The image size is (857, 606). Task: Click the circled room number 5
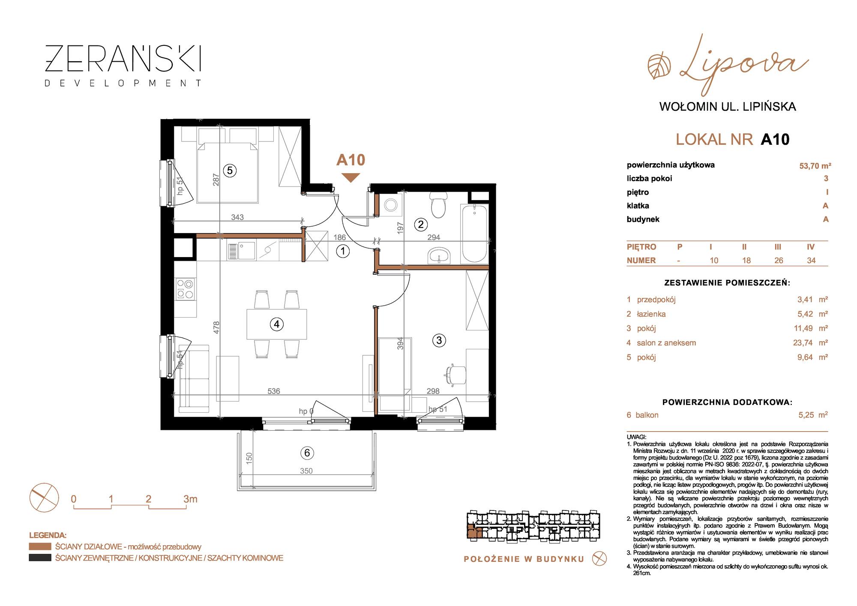230,171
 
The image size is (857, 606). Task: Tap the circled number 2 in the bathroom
421,224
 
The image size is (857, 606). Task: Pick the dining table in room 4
277,324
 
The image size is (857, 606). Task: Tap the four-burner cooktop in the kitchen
186,289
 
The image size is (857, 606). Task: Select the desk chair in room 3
455,375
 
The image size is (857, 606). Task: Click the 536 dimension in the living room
274,391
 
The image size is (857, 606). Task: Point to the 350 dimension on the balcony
306,471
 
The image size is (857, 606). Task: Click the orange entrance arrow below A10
351,177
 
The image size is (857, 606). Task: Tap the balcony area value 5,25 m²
813,415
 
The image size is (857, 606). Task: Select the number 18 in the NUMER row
746,261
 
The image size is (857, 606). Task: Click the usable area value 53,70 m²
815,166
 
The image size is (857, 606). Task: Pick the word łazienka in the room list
651,314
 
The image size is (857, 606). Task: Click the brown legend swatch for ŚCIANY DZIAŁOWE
40,546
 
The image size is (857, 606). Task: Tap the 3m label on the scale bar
190,499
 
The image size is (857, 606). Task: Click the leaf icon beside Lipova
659,66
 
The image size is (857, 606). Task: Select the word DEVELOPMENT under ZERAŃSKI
123,83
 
